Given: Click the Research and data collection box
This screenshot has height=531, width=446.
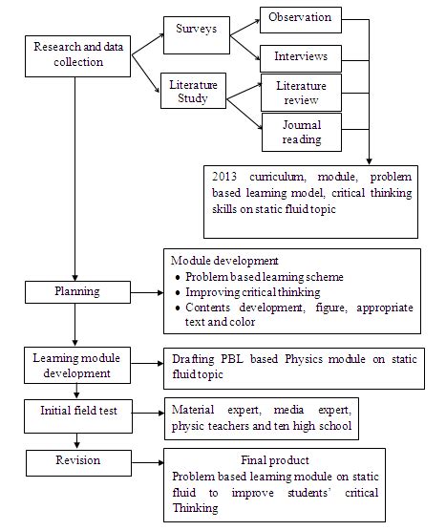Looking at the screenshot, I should [x=76, y=56].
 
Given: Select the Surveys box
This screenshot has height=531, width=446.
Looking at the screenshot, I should [x=196, y=30].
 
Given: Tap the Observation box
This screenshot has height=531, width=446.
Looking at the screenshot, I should [x=300, y=18].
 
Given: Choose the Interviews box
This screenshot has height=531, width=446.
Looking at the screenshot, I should [x=300, y=57].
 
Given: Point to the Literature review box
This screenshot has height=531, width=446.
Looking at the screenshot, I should [x=300, y=94].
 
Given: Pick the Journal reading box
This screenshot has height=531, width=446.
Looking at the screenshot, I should [x=300, y=132].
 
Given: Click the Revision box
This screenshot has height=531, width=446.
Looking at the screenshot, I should [x=75, y=462].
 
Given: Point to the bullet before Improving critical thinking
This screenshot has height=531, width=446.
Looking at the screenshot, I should [x=180, y=292].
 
